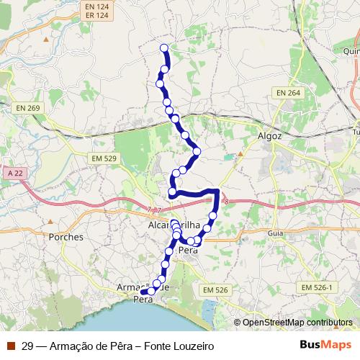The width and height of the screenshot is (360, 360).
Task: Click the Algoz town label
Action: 269,135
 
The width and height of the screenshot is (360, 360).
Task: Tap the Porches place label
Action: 66,236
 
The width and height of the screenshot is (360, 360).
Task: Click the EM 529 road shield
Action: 104,158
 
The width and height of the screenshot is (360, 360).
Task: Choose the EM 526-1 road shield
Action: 318,287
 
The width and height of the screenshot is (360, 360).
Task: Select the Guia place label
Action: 275,233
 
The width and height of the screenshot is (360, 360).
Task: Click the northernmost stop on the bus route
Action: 163,48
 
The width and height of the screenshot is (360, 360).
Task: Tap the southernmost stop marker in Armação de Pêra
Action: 151,292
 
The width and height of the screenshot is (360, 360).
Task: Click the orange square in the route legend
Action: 11,346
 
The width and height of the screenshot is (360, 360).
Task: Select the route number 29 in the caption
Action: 27,346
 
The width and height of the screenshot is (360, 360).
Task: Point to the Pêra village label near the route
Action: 187,250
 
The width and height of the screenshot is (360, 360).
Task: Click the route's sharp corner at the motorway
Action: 217,190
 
